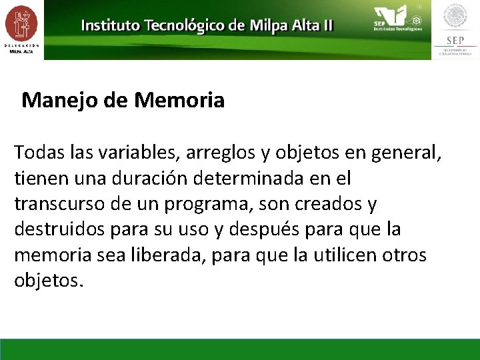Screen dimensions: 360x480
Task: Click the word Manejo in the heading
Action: click(x=53, y=101)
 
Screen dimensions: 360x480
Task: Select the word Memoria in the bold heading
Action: click(x=179, y=101)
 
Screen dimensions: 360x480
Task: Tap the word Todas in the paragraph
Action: click(x=39, y=153)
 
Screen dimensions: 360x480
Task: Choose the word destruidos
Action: click(x=57, y=229)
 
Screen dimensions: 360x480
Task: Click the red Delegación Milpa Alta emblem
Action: click(x=21, y=25)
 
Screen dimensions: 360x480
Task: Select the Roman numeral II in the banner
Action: click(x=327, y=26)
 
